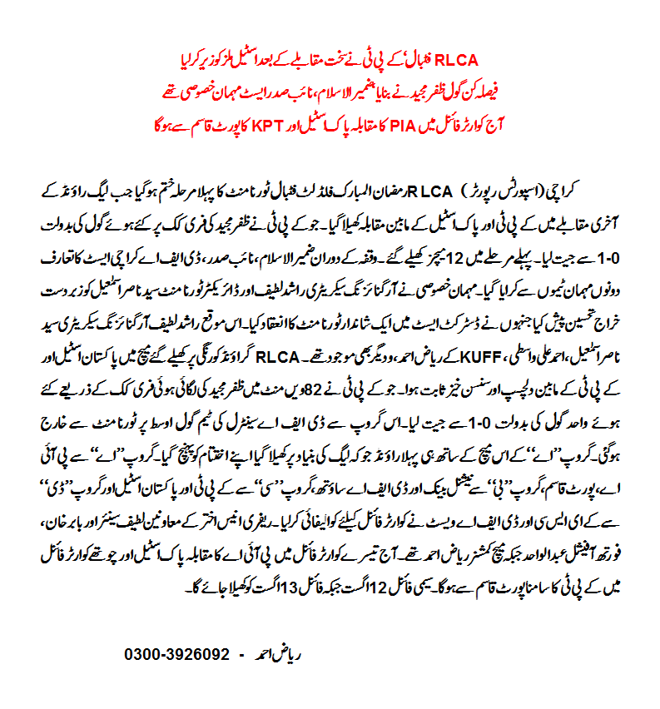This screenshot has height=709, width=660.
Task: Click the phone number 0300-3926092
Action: (177, 654)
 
